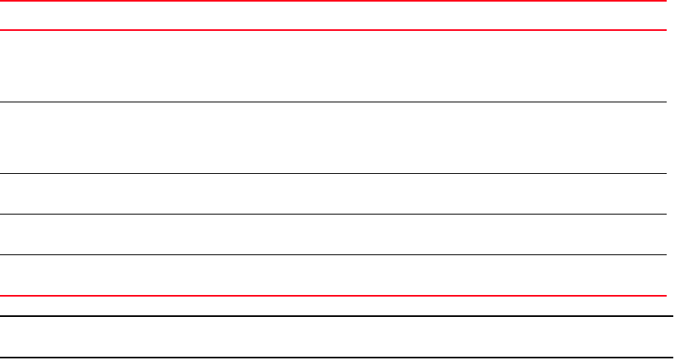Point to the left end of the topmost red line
2,2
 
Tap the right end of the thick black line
671,316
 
